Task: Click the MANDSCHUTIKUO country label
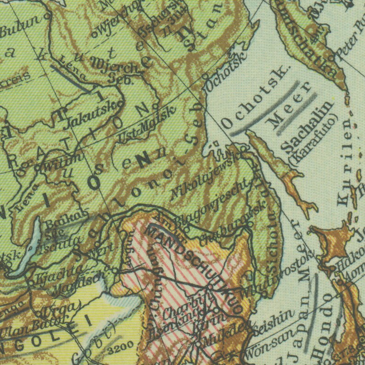[x=193, y=267]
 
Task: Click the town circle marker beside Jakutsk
[x=120, y=103]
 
